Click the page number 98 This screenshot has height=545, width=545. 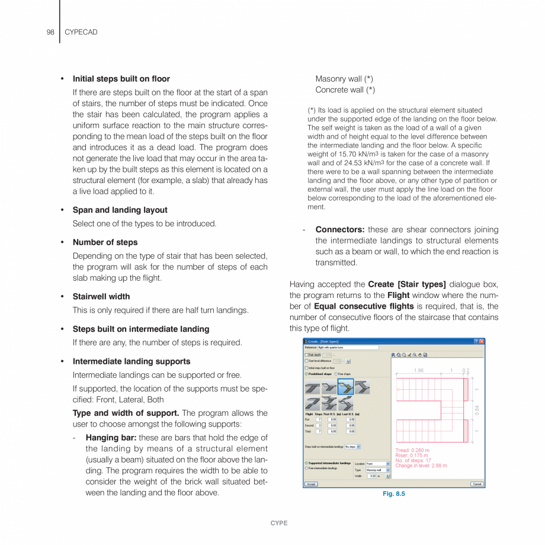click(50, 32)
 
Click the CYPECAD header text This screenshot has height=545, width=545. click(81, 32)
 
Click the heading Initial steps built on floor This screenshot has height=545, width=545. click(121, 79)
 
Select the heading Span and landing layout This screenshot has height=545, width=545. click(120, 210)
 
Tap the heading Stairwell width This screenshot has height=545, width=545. click(101, 296)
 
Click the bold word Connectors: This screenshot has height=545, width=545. click(339, 230)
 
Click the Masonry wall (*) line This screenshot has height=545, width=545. click(344, 79)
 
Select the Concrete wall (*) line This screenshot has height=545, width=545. click(345, 90)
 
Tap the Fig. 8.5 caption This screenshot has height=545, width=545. click(393, 493)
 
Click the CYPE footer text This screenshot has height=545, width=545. click(278, 523)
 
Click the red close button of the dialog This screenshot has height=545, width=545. click(482, 341)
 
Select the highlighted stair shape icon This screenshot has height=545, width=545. click(345, 387)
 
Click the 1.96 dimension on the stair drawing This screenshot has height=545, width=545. click(419, 371)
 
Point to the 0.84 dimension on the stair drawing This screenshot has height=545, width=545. click(477, 409)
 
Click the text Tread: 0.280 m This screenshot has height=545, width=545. click(412, 450)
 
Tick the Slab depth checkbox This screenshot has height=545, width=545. click(306, 355)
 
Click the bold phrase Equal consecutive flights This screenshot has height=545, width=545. click(364, 306)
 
